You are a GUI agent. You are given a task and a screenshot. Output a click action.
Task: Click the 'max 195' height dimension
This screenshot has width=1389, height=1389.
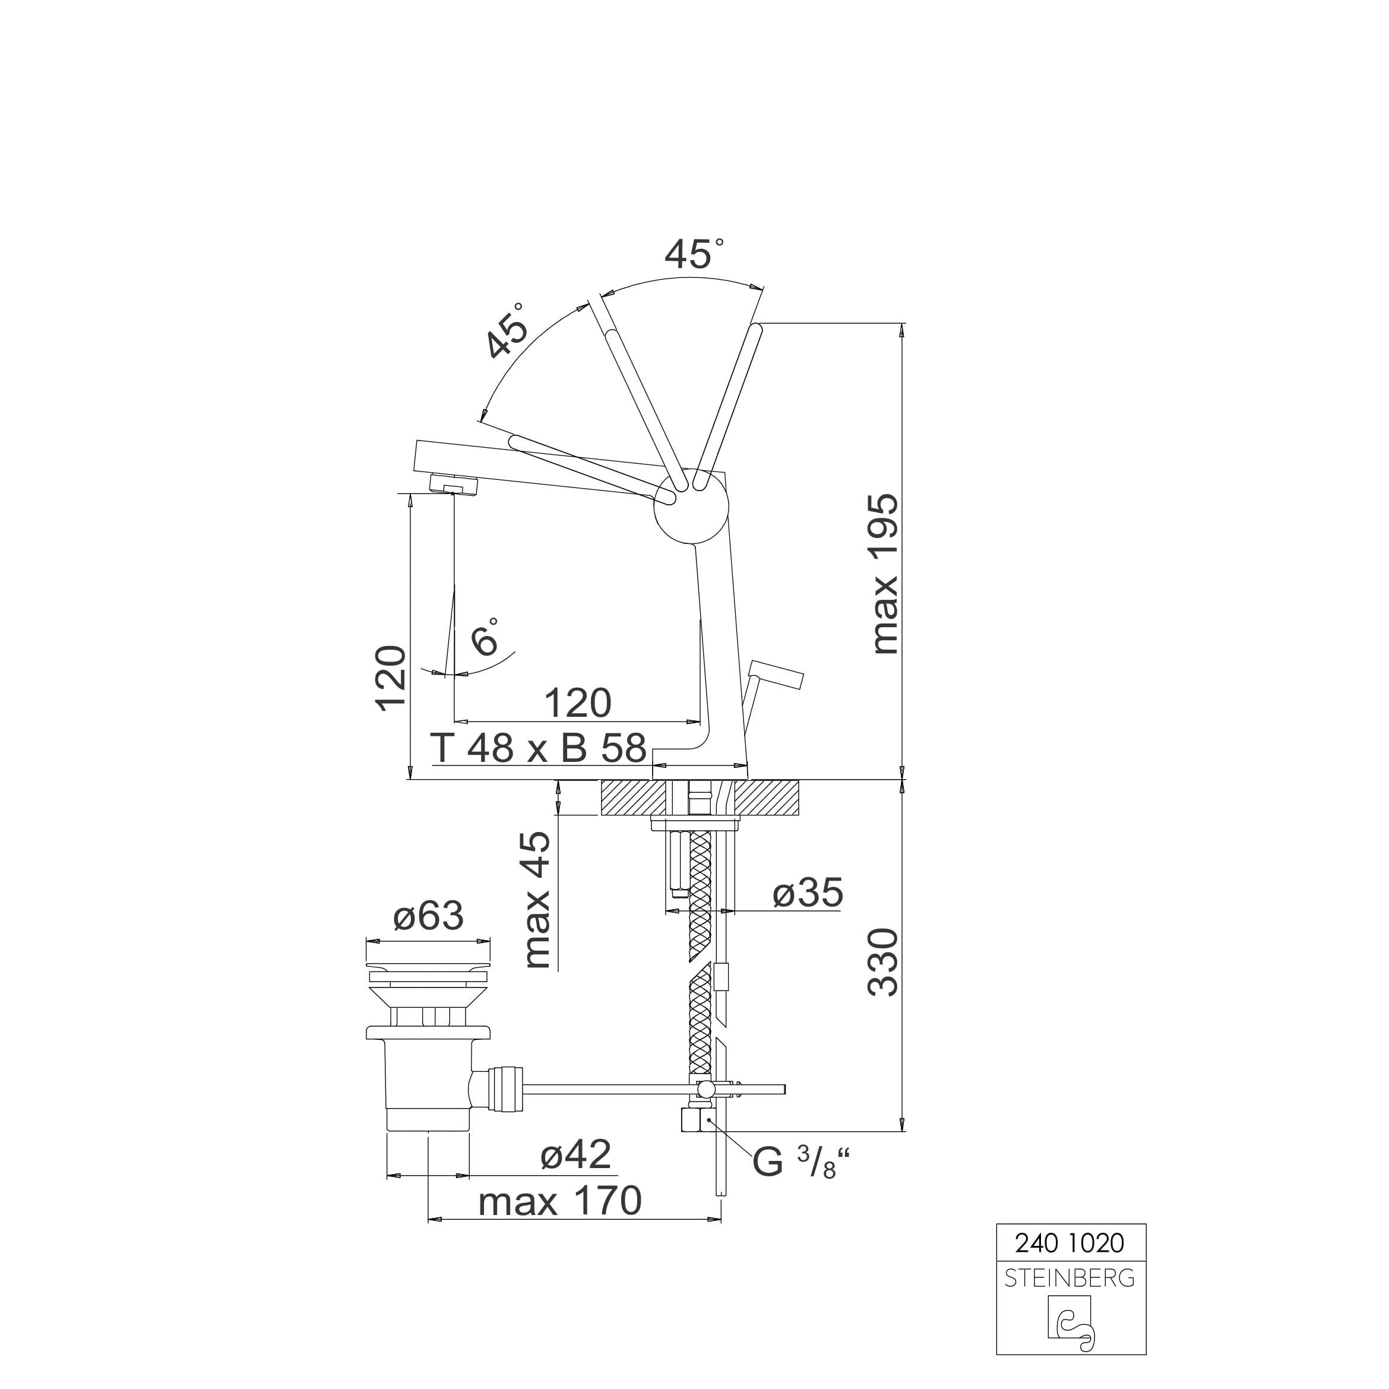(x=885, y=574)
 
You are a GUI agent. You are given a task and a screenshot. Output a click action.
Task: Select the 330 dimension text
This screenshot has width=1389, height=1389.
(x=884, y=962)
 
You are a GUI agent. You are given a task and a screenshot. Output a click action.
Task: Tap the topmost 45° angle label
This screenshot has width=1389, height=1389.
(x=693, y=253)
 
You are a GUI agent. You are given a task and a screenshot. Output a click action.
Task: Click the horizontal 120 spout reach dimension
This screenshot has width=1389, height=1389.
(x=577, y=703)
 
